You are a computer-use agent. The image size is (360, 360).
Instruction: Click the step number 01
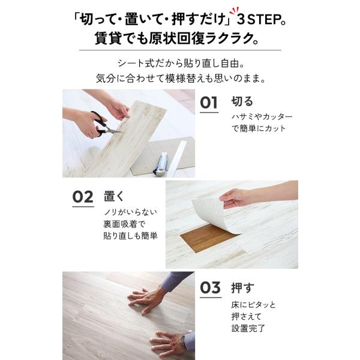[x=209, y=103]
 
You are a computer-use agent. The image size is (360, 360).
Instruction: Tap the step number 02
[x=83, y=197]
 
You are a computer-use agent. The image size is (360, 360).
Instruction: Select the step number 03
[x=211, y=287]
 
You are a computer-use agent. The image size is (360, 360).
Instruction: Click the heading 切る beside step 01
[x=242, y=101]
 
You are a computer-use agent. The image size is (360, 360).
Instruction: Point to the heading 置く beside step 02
[x=114, y=196]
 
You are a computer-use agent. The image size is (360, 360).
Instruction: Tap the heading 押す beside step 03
[x=242, y=287]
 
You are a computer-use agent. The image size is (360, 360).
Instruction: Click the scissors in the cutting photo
[x=104, y=125]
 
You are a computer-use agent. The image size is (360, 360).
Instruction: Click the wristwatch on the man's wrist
[x=184, y=342]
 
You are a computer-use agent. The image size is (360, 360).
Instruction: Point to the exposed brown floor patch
[x=208, y=238]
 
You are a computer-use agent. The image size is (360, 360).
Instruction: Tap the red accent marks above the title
[x=234, y=11]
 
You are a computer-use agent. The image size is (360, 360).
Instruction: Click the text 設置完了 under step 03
[x=248, y=328]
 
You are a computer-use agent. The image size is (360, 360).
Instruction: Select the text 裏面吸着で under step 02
[x=124, y=224]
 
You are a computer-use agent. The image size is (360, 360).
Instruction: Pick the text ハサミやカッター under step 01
[x=262, y=116]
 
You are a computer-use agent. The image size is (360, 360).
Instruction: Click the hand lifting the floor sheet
[x=234, y=198]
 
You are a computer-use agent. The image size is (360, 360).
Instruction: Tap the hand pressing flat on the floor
[x=147, y=299]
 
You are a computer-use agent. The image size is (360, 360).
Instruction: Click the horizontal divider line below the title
[x=180, y=50]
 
